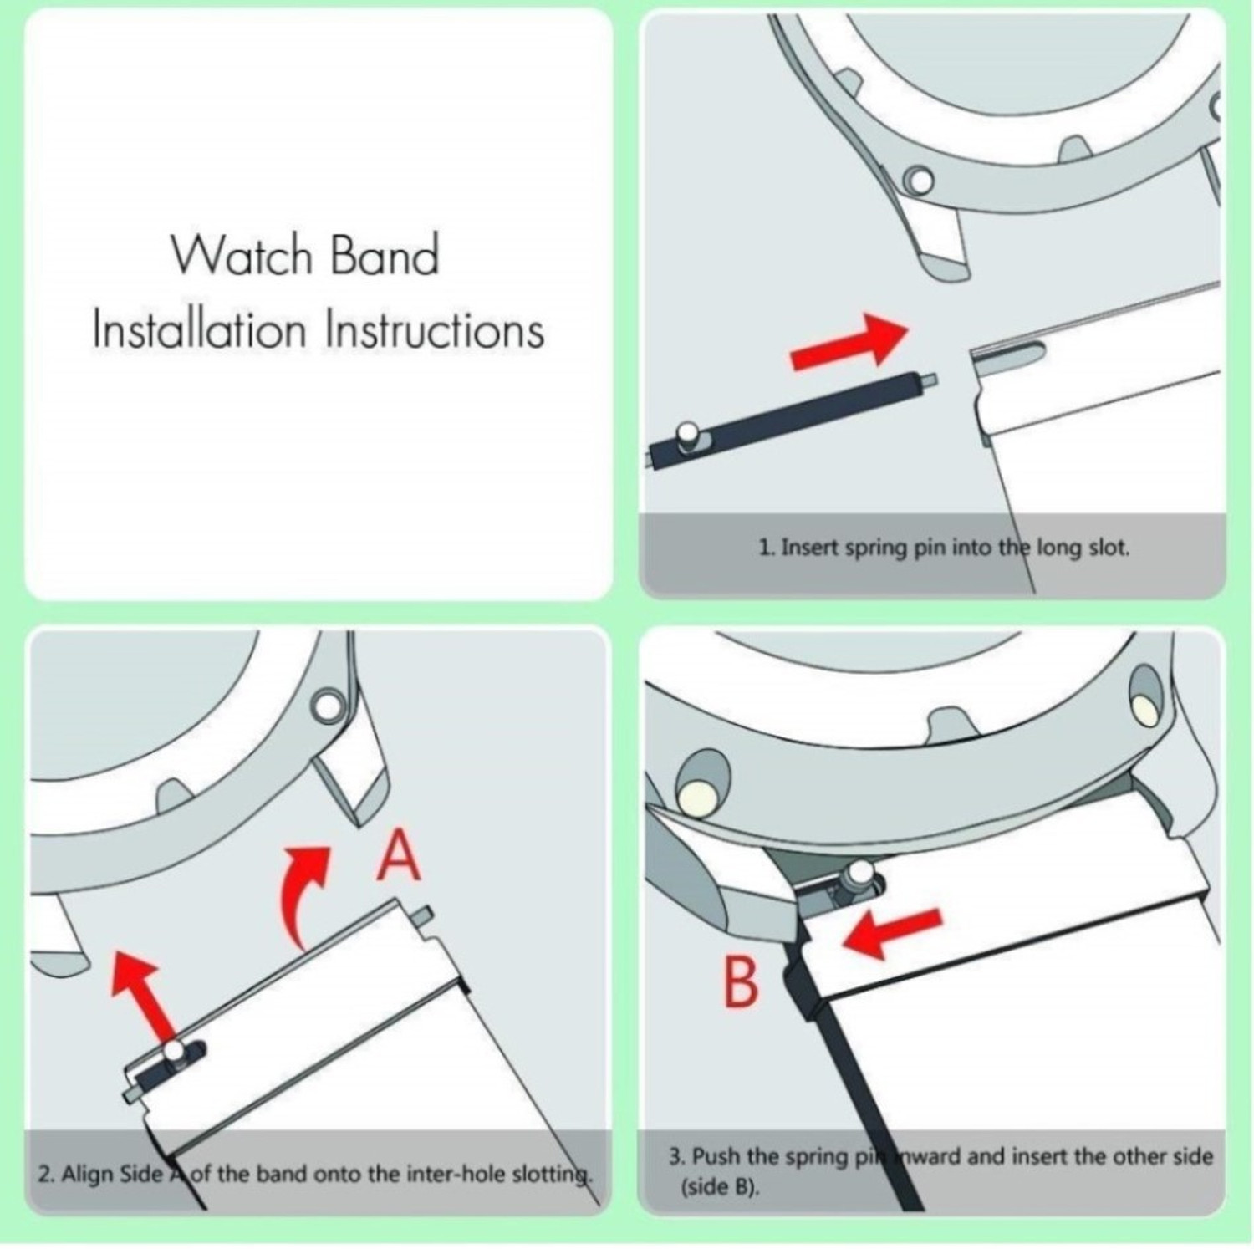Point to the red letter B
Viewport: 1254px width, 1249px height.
click(x=740, y=983)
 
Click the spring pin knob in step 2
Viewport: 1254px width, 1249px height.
click(x=174, y=1051)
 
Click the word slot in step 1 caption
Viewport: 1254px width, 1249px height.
click(x=1109, y=548)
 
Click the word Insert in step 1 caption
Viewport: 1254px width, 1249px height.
click(x=810, y=548)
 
